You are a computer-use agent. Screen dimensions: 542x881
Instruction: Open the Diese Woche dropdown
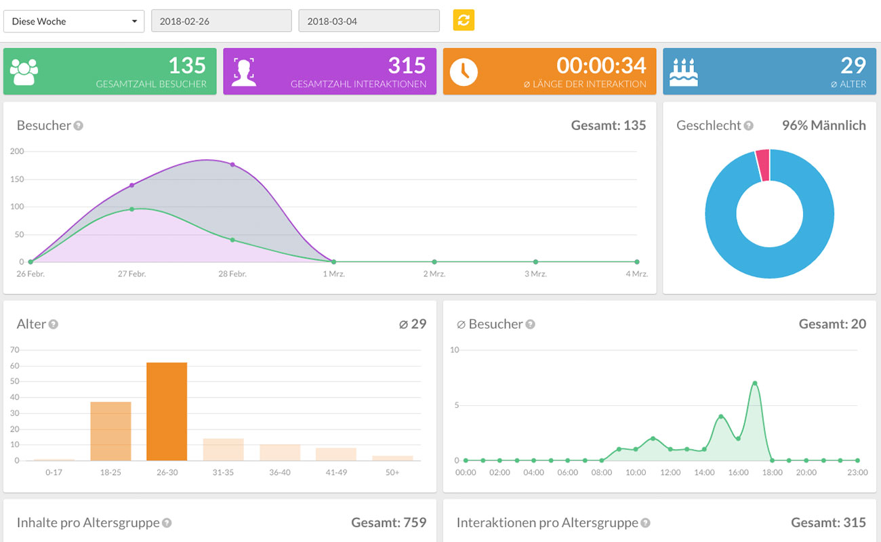coord(74,21)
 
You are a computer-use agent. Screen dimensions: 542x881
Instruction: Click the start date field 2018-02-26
coord(221,21)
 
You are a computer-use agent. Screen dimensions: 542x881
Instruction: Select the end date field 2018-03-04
coord(369,21)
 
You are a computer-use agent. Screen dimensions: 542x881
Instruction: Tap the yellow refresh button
coord(464,20)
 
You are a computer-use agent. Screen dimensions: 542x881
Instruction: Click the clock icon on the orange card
coord(464,71)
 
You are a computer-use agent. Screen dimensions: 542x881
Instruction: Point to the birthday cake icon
coord(683,72)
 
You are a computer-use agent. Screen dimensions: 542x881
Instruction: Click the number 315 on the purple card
coord(407,65)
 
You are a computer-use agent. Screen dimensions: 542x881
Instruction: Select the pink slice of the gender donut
coord(762,165)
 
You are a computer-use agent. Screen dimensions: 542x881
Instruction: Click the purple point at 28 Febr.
coord(232,165)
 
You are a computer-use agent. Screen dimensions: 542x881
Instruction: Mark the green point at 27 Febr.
coord(131,209)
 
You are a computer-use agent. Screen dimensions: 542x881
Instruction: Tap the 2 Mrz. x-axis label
coord(434,274)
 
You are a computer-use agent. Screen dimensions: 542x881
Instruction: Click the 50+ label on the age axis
coord(392,472)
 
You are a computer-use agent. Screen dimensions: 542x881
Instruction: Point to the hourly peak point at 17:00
coord(754,383)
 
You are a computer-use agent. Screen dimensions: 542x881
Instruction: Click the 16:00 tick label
coord(738,472)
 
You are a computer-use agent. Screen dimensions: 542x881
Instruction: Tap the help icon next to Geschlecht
coord(748,125)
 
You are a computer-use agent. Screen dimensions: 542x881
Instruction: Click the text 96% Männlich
coord(823,125)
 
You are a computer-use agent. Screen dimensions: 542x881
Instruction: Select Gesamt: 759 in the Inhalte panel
coord(388,522)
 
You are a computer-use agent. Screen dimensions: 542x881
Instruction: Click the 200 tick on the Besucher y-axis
coord(17,151)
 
